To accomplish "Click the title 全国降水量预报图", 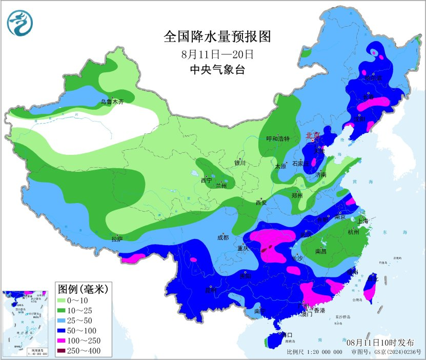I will click(217, 36).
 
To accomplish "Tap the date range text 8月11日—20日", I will click(217, 53).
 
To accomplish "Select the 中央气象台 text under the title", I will click(217, 70).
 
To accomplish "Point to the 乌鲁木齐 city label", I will click(112, 102).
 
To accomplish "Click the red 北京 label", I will click(312, 136).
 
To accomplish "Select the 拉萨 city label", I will click(117, 239).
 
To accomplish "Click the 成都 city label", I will click(223, 237).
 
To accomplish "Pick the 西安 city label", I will click(261, 203).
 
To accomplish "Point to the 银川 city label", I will click(240, 163).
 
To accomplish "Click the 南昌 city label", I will click(321, 251).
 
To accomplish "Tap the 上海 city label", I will click(363, 221).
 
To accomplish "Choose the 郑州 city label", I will click(297, 195).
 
